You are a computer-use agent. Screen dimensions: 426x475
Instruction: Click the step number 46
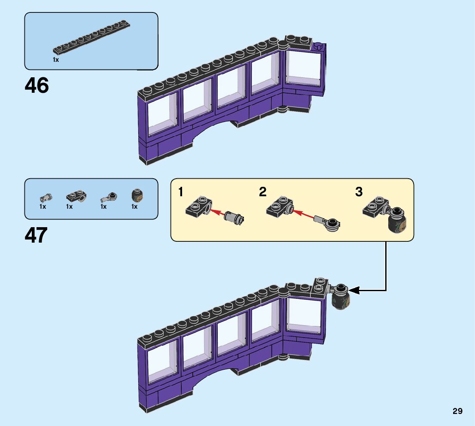coord(37,86)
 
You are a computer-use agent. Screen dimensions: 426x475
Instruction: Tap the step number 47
coord(37,236)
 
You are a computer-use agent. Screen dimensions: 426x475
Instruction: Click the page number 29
coord(457,411)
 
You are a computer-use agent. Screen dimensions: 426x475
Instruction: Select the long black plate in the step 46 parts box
coord(92,37)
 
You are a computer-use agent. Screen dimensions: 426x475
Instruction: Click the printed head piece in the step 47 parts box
coord(137,197)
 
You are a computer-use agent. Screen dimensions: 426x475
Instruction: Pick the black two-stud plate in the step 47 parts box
coord(76,197)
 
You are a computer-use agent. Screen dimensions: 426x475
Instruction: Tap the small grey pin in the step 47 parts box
coord(45,198)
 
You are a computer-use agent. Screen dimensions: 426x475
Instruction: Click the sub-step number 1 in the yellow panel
coord(181,192)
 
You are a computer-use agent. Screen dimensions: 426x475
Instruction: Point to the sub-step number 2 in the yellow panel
coord(263,192)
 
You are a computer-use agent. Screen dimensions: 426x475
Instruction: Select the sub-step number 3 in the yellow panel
coord(359,192)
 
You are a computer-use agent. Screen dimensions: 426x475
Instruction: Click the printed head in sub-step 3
coord(397,223)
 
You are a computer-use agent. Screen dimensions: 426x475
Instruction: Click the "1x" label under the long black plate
coord(56,60)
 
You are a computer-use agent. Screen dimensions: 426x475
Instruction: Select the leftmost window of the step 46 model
coord(162,113)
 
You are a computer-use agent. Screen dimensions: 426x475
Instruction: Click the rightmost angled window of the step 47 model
coord(304,318)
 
